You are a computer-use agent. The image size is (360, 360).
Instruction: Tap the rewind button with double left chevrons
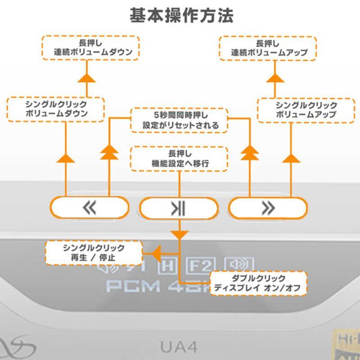90,207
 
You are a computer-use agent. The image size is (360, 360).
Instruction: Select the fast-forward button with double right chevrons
268,207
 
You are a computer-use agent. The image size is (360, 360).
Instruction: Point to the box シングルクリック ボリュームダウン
56,109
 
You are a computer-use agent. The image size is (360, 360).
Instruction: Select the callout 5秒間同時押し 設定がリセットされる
179,120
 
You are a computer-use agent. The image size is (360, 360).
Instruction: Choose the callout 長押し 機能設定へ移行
179,159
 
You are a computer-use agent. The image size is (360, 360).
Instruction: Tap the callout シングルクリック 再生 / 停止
94,253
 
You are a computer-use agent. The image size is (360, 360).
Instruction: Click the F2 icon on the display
201,265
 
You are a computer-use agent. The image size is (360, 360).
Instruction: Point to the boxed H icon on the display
167,265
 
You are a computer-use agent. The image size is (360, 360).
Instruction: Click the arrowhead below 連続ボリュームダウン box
87,77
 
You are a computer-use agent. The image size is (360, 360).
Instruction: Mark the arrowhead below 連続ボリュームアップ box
274,77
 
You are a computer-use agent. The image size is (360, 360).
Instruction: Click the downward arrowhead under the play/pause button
180,234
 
